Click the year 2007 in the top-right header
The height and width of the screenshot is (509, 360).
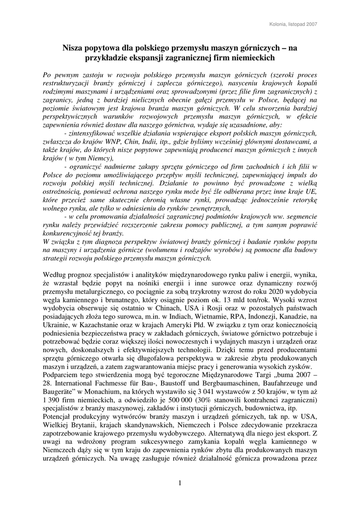312,24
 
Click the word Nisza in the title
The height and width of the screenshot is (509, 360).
73,48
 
